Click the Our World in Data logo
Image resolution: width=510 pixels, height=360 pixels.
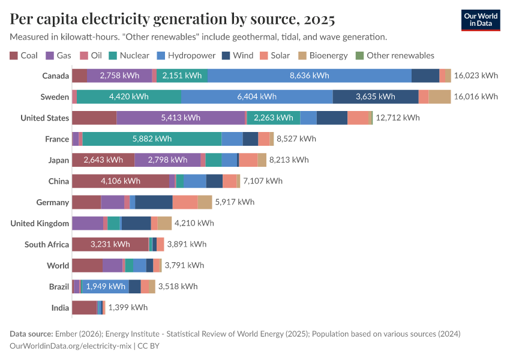click(481, 20)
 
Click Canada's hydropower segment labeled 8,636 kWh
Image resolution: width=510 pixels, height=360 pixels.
click(310, 76)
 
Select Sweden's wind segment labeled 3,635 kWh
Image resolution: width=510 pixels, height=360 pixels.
click(376, 97)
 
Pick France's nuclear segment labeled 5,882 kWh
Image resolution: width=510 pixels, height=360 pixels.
click(152, 139)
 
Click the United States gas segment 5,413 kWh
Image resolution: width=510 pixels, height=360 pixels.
click(181, 118)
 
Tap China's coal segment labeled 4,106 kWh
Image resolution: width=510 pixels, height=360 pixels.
click(121, 181)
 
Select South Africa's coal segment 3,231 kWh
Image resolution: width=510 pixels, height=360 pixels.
click(110, 244)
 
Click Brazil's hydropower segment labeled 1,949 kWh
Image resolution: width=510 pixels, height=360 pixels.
click(106, 286)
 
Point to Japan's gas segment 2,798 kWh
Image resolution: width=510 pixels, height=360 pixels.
click(167, 160)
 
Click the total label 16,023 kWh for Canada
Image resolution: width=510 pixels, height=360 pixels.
click(476, 76)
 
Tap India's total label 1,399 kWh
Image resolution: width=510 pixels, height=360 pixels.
click(128, 307)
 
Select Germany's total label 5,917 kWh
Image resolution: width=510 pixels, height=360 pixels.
click(235, 202)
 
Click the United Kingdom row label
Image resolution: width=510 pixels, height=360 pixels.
click(40, 223)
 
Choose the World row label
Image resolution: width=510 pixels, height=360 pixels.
click(58, 265)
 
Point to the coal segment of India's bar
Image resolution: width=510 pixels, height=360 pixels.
click(84, 307)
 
